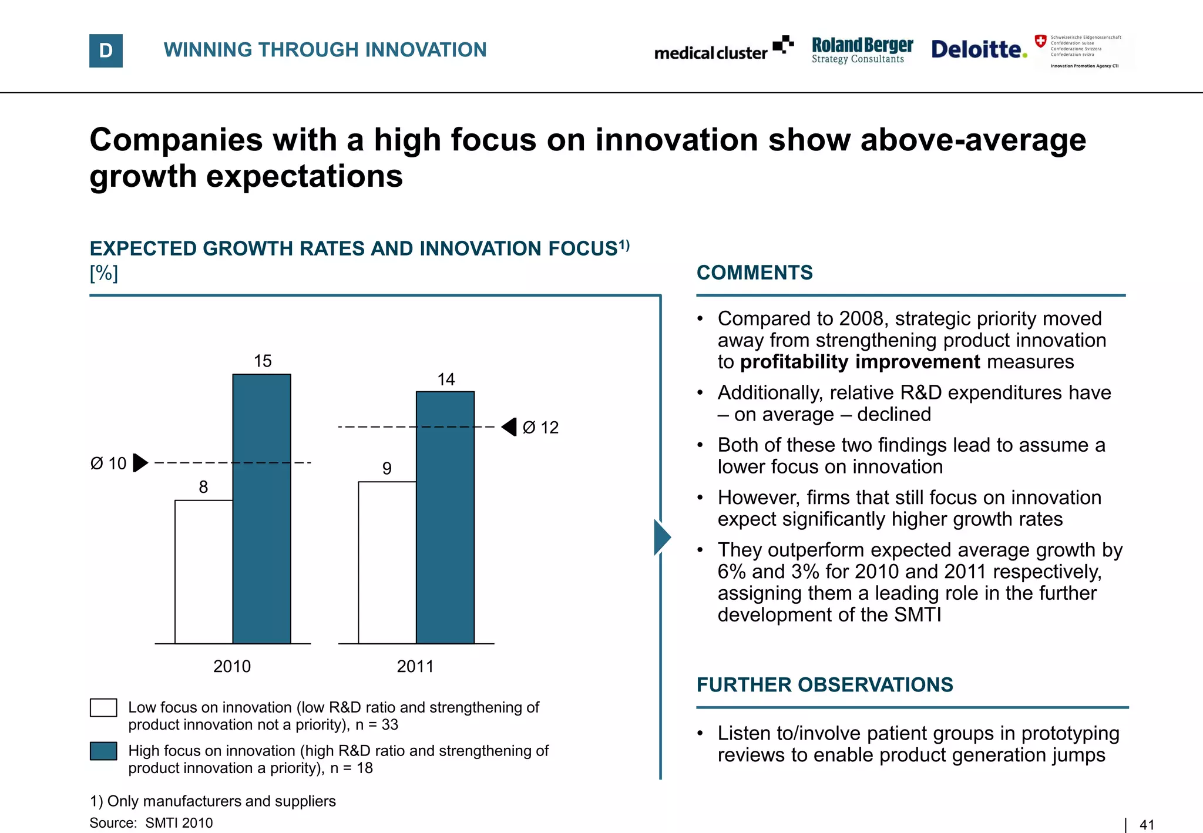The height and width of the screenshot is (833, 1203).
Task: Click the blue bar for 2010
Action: (x=261, y=509)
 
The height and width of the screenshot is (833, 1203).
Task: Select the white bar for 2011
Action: (x=387, y=562)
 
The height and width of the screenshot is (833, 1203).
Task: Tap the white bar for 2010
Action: (x=204, y=572)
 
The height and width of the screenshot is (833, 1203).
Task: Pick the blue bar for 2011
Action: (x=445, y=517)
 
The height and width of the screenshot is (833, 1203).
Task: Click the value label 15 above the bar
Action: (x=263, y=361)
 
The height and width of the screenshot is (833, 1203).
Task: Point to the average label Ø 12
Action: (x=540, y=428)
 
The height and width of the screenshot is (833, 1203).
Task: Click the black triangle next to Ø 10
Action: (x=140, y=463)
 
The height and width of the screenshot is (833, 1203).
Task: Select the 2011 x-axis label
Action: (x=415, y=666)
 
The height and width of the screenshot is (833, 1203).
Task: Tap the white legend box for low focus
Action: (x=103, y=707)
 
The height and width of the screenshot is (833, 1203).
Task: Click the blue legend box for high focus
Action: (x=103, y=751)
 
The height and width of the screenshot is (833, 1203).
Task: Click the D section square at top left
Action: (x=106, y=51)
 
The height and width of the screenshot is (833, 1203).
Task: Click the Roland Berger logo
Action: (x=862, y=50)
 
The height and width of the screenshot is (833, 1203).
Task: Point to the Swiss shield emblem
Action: (x=1040, y=41)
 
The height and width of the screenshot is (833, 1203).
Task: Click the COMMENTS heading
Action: (x=754, y=273)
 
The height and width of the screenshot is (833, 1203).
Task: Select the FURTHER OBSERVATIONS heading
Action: (x=824, y=685)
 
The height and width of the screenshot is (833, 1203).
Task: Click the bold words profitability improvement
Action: (x=860, y=362)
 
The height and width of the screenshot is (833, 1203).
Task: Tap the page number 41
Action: (x=1147, y=825)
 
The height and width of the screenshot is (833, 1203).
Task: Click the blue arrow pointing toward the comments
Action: (x=662, y=537)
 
